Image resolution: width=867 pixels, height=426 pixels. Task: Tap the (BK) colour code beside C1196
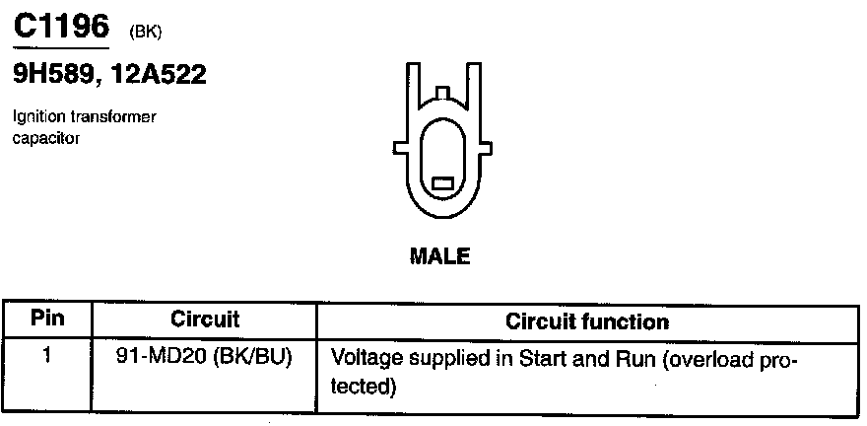(144, 32)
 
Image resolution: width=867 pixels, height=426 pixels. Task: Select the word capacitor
(45, 138)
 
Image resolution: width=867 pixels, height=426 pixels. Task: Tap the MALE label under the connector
(439, 256)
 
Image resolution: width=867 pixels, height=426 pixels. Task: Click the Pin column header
(47, 319)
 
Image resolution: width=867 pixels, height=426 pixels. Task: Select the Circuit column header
(205, 320)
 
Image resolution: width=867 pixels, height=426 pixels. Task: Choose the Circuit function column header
(586, 321)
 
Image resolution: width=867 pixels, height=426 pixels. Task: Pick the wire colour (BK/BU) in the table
(259, 355)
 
